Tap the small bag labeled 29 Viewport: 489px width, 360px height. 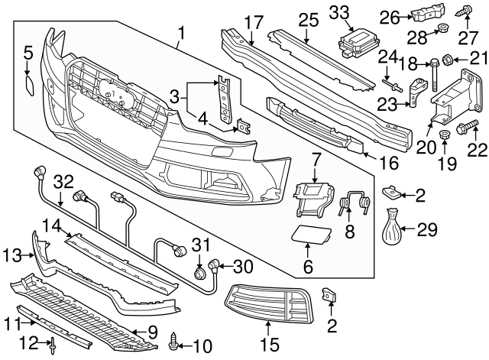pyautogui.click(x=393, y=225)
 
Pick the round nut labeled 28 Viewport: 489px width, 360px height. pyautogui.click(x=440, y=31)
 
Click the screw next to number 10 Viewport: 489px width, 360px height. pyautogui.click(x=176, y=336)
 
